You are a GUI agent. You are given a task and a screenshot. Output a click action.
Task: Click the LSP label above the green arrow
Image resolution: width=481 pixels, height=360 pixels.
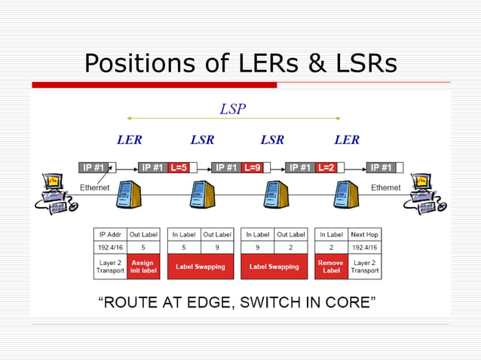(232, 108)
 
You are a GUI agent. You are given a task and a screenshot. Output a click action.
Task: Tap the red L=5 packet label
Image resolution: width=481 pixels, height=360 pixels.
(179, 167)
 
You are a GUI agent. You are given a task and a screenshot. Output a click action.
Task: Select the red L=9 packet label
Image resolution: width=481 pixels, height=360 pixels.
(253, 167)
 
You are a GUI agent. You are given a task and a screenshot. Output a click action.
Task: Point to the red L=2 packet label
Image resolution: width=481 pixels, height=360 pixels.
(326, 167)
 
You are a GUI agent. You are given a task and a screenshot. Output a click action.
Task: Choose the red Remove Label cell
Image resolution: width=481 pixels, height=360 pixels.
(330, 267)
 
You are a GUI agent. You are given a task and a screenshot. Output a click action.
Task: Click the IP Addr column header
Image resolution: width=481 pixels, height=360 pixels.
(109, 234)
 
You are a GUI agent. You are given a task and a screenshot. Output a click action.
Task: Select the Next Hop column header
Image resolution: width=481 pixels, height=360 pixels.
(364, 234)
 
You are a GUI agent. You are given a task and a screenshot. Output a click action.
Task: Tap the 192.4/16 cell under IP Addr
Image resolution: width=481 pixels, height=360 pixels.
(109, 246)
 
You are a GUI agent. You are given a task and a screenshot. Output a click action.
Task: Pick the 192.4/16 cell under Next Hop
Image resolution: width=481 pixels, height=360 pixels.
(364, 246)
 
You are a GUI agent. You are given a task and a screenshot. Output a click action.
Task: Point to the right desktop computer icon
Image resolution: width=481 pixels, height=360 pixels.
(426, 194)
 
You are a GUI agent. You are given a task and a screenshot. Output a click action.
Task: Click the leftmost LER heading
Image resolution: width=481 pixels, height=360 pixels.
(129, 140)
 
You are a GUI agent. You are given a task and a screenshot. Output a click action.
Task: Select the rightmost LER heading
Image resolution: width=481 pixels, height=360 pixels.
(347, 140)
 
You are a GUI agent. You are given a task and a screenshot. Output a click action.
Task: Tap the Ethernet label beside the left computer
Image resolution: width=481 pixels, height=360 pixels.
(95, 187)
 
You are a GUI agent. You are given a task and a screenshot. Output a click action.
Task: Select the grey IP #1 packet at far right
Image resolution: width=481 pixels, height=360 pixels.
(381, 167)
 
